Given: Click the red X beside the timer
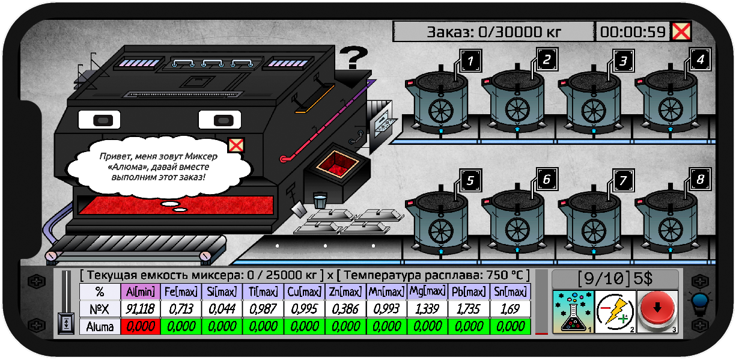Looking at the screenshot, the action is tap(681, 32).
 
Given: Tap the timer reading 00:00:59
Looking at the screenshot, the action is tap(633, 32).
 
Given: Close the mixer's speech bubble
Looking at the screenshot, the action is tap(236, 145).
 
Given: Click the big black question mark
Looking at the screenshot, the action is tap(353, 57).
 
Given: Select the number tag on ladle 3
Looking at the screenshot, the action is tap(623, 61).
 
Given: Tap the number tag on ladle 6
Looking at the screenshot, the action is tap(547, 180).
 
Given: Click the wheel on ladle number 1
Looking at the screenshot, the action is tap(440, 111).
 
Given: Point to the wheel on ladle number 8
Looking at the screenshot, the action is tap(671, 230).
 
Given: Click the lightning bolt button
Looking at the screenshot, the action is tap(615, 311).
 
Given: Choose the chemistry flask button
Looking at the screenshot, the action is tap(573, 311).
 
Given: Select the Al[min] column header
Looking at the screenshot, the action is tap(141, 291).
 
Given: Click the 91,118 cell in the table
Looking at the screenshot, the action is tap(141, 309).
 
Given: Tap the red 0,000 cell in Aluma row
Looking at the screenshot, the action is tap(141, 326).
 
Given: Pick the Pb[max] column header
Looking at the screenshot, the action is tap(469, 291).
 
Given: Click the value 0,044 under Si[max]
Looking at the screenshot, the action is tap(222, 309).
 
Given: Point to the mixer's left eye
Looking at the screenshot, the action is tap(100, 120).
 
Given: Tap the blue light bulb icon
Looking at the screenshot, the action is tap(700, 302).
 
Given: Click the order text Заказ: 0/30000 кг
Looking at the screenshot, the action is tap(494, 32).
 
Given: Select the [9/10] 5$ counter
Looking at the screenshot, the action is tap(615, 279).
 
